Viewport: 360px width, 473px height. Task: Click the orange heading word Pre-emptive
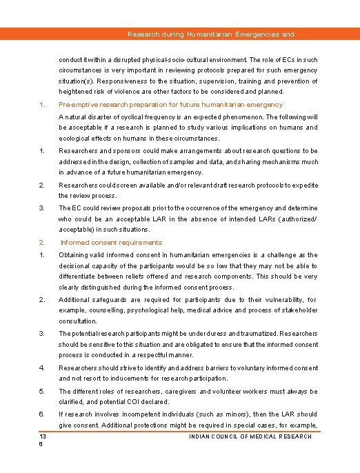pos(77,105)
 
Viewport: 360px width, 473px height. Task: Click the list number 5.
pos(41,392)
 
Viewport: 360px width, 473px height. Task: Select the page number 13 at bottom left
pos(43,436)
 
